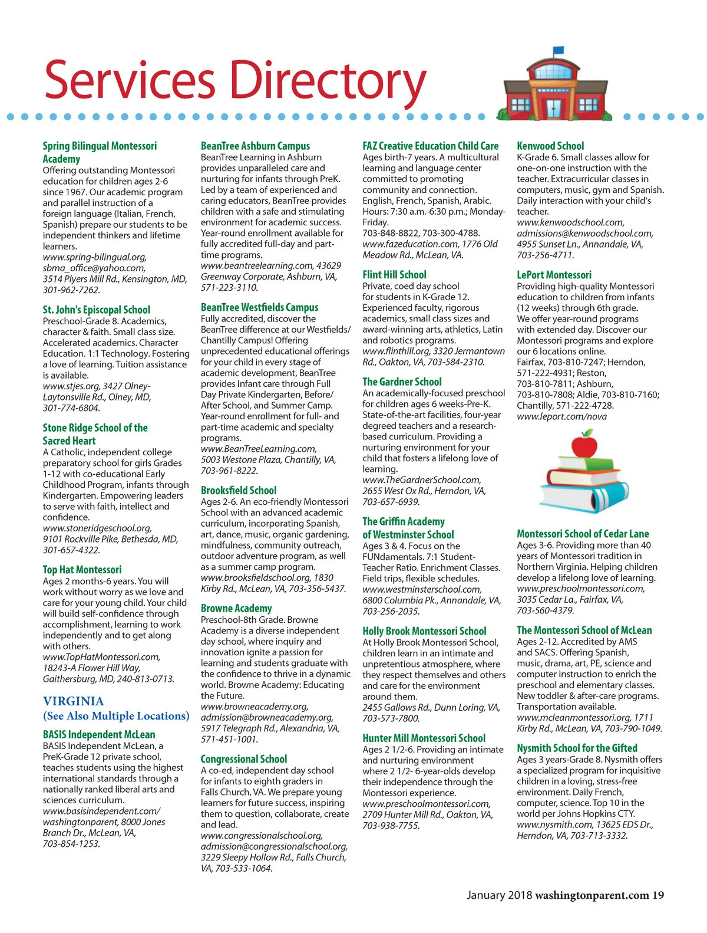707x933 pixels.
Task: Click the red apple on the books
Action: coord(584,444)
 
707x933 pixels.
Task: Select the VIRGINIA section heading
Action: coord(73,701)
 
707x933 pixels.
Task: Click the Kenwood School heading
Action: coord(550,146)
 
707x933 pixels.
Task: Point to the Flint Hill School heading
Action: coord(394,274)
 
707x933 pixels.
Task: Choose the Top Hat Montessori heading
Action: coord(82,570)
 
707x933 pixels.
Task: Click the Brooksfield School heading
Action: coord(238,490)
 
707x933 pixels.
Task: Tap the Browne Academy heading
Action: coord(236,608)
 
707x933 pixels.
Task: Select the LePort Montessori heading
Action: coord(554,275)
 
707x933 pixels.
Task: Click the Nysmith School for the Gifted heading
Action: coord(577,748)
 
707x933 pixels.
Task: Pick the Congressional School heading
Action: coord(243,759)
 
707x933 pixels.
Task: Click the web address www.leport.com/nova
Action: coord(561,416)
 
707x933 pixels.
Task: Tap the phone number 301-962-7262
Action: coord(71,290)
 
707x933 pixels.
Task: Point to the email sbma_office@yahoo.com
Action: coord(94,268)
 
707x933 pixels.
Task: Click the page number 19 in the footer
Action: coord(658,895)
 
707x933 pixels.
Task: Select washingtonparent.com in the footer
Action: coord(592,895)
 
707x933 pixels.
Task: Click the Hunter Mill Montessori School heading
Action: coord(424,738)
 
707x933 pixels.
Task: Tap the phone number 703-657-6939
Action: coord(391,502)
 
